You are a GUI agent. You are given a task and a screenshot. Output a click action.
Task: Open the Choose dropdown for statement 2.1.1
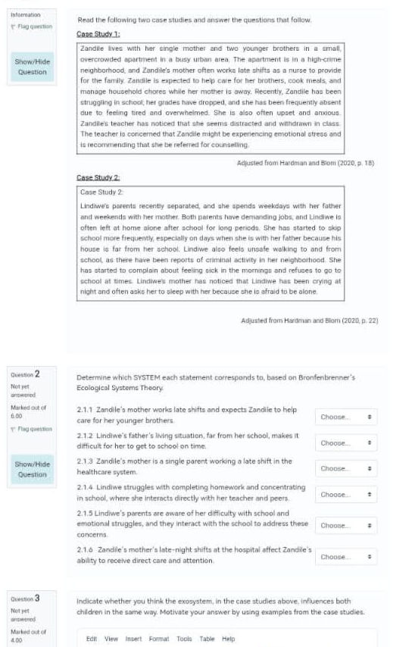tap(346, 417)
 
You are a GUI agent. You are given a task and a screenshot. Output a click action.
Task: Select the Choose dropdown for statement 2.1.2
tap(346, 442)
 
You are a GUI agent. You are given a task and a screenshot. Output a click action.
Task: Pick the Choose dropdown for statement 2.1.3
tap(346, 468)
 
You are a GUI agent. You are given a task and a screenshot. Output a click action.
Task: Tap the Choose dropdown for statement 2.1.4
tap(346, 494)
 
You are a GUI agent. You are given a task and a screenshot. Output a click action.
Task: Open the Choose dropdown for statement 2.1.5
tap(346, 525)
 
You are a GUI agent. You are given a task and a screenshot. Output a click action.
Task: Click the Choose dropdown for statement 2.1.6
tap(346, 557)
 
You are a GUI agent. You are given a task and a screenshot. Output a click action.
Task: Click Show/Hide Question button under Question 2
tap(32, 469)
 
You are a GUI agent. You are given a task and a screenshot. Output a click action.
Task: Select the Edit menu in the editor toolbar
tap(92, 639)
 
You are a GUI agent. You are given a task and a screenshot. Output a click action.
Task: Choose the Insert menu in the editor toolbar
tap(133, 639)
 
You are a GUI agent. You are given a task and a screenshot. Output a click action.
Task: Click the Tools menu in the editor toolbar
tap(184, 639)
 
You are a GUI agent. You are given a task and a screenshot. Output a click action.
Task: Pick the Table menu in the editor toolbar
tap(208, 639)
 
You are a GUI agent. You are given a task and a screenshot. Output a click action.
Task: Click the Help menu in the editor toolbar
tap(229, 639)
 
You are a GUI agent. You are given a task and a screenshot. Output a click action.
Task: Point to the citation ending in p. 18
tap(307, 163)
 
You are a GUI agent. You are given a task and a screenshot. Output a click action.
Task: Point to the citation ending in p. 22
tap(309, 321)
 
